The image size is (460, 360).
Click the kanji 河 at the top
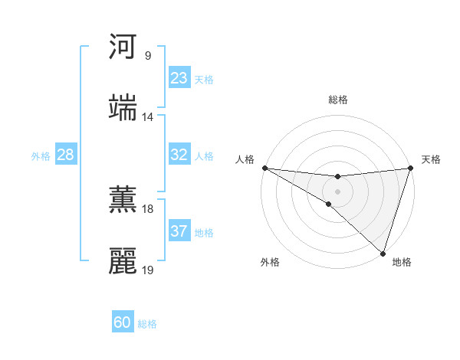click(x=123, y=47)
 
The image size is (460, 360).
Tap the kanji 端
click(x=123, y=108)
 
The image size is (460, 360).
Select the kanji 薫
click(x=123, y=200)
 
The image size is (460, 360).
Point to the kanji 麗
click(x=123, y=261)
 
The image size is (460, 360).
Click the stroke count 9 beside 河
click(x=147, y=56)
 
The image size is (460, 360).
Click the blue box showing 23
click(x=179, y=78)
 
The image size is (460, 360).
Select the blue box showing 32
click(x=179, y=155)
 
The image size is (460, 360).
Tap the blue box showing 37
click(x=179, y=231)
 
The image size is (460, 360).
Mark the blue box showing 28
click(x=65, y=155)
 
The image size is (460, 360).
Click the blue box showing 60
click(x=123, y=322)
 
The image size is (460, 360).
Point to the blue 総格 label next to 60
click(x=147, y=324)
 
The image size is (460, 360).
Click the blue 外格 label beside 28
click(x=41, y=155)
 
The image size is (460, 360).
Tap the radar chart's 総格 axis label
click(x=337, y=100)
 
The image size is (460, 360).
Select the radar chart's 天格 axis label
click(x=431, y=159)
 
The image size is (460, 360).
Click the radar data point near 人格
click(x=264, y=168)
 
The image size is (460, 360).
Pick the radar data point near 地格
click(x=383, y=253)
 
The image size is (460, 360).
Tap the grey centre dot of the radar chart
click(x=337, y=191)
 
